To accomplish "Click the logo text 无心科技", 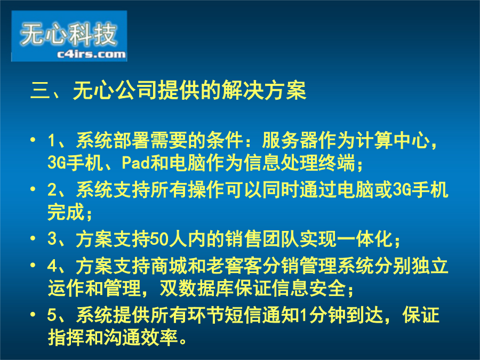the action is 69,34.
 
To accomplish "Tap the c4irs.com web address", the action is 91,54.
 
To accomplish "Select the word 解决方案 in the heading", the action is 263,90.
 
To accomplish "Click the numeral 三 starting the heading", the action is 41,90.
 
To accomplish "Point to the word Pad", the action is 135,162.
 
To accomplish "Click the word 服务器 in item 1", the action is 290,140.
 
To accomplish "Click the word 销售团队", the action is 262,239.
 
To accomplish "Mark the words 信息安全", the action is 309,288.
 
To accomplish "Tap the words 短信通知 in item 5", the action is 262,315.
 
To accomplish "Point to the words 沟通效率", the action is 141,338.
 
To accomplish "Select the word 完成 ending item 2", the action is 66,212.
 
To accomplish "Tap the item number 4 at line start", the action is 52,266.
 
